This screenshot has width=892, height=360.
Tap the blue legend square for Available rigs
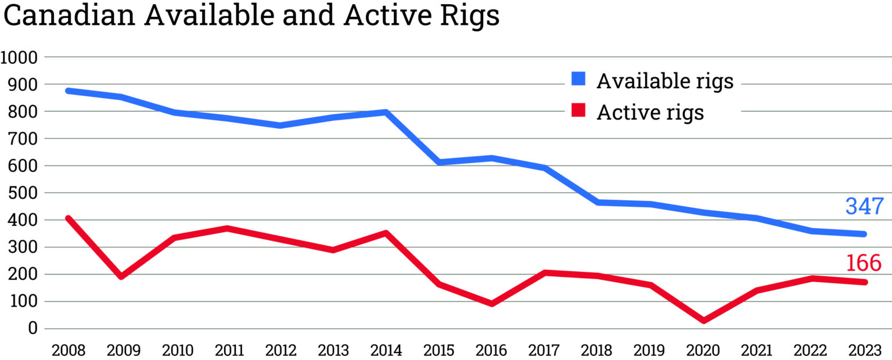click(x=578, y=79)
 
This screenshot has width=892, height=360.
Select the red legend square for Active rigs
click(x=578, y=110)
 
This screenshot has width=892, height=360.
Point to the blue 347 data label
click(x=864, y=207)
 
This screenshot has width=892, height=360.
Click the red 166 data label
click(x=864, y=263)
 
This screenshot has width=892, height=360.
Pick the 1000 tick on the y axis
click(x=19, y=57)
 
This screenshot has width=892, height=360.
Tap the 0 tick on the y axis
click(x=34, y=329)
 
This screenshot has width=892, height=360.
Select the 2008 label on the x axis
click(x=68, y=351)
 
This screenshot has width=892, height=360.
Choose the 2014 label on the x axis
click(x=386, y=351)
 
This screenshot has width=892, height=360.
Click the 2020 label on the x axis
click(x=704, y=351)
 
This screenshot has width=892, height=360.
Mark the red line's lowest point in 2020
click(x=704, y=321)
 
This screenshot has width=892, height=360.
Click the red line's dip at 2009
click(x=121, y=276)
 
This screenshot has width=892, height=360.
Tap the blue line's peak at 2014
click(x=386, y=112)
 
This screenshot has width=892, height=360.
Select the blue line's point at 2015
click(x=439, y=162)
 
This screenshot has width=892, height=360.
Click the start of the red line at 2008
click(x=69, y=219)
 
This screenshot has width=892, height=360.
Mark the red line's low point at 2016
click(x=492, y=303)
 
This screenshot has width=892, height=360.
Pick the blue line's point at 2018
click(x=598, y=202)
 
